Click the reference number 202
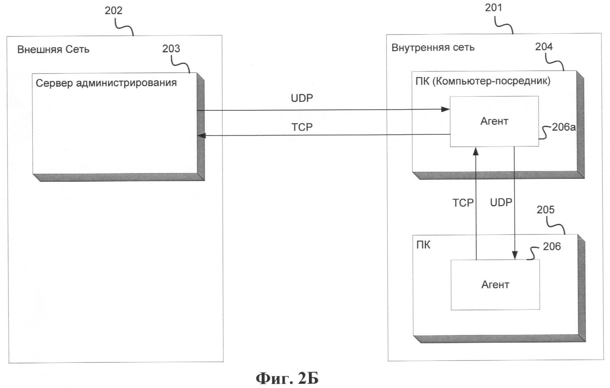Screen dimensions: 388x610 click(x=114, y=11)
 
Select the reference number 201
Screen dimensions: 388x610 click(x=493, y=8)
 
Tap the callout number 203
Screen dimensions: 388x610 click(x=171, y=49)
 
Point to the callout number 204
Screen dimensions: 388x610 click(x=544, y=47)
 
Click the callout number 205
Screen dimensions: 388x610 click(x=545, y=210)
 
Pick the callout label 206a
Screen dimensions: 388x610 click(x=564, y=127)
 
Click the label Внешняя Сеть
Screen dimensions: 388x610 click(x=53, y=50)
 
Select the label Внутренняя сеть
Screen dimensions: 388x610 click(x=433, y=48)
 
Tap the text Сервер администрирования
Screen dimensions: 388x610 click(x=106, y=83)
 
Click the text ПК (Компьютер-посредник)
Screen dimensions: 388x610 click(x=483, y=81)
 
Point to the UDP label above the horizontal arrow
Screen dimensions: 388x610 click(x=302, y=98)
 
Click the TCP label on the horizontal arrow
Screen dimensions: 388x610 click(x=302, y=127)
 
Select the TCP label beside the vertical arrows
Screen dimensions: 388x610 click(x=463, y=203)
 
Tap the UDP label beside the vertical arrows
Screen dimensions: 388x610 click(x=501, y=202)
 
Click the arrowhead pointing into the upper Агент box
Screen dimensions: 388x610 click(x=445, y=109)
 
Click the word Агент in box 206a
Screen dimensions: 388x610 click(x=494, y=121)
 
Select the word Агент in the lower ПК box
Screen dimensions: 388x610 click(x=495, y=285)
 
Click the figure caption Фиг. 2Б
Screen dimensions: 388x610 click(x=287, y=378)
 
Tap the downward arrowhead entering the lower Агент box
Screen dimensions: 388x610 click(x=515, y=255)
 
